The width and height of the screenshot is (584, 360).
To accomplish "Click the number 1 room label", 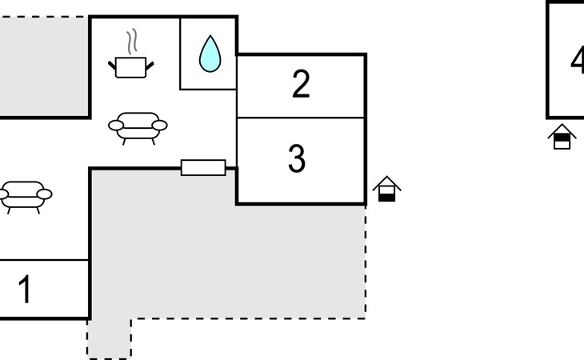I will (x=25, y=290).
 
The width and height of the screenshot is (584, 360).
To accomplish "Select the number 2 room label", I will (x=300, y=85).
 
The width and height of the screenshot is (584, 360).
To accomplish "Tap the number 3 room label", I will (x=297, y=159).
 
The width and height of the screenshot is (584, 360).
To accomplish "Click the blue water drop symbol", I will (x=210, y=54).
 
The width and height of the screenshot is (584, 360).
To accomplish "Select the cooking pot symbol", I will (x=131, y=66).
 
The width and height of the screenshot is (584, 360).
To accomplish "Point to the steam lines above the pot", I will (x=134, y=41).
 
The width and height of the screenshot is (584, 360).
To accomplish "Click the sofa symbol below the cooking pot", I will (x=138, y=126).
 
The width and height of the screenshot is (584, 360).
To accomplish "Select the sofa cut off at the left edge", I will (x=24, y=194).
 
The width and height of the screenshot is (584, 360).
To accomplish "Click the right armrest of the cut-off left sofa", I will (x=44, y=194).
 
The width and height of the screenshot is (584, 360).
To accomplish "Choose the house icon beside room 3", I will (x=386, y=189).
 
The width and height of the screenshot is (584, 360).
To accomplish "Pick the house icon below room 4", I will (x=562, y=137).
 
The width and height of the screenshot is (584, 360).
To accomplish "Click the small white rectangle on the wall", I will (x=203, y=167).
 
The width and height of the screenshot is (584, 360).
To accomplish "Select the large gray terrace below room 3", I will (x=240, y=256).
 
